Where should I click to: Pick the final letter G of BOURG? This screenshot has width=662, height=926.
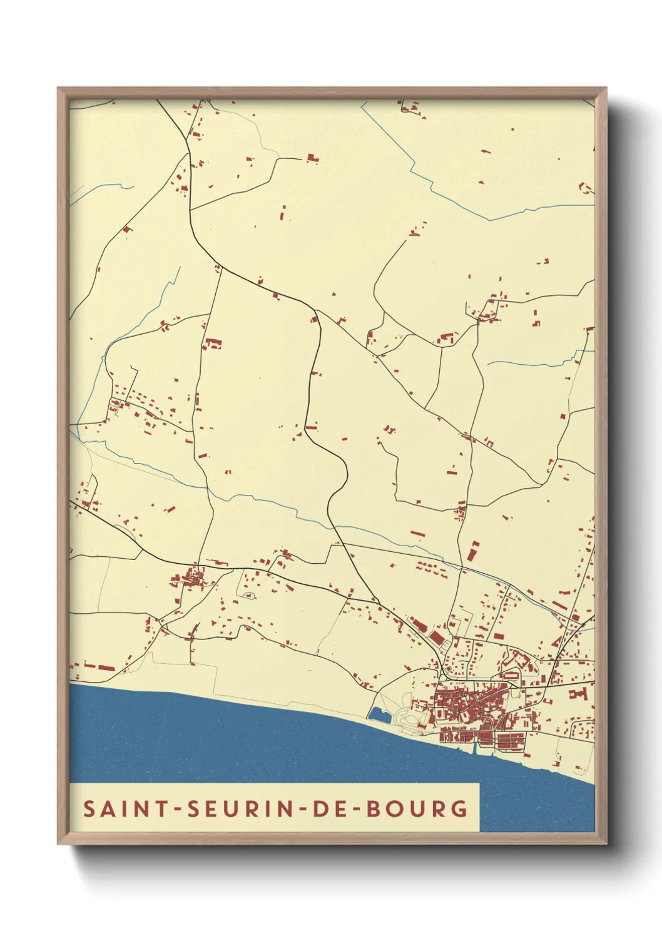(459, 808)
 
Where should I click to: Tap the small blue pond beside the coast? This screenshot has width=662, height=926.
(379, 714)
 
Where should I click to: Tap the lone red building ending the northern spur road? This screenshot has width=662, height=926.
(312, 158)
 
